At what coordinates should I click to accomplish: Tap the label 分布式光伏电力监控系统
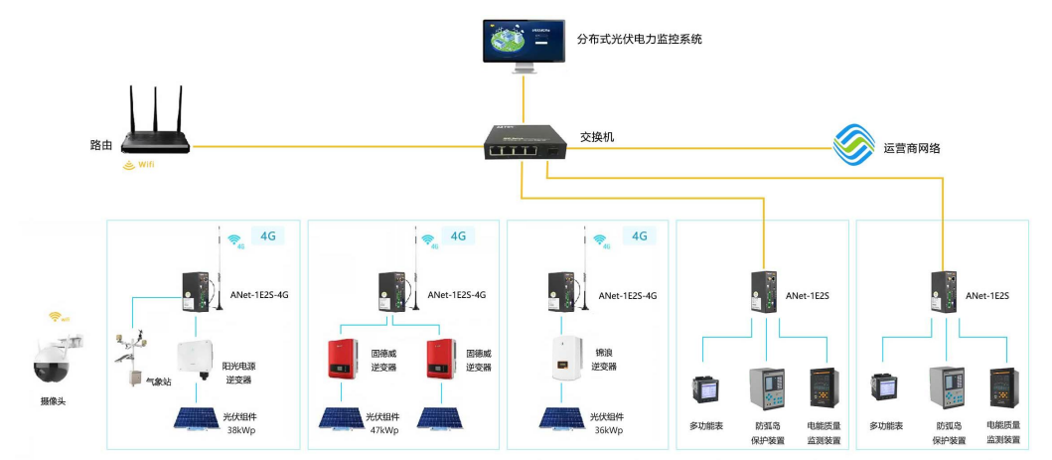coord(640,40)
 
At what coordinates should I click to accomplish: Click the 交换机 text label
coord(597,136)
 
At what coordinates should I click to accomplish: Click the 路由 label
coord(101,145)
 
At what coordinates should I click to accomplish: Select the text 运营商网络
coord(911,148)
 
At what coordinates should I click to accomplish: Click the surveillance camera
coord(55,361)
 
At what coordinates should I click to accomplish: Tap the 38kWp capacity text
coord(241,430)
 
